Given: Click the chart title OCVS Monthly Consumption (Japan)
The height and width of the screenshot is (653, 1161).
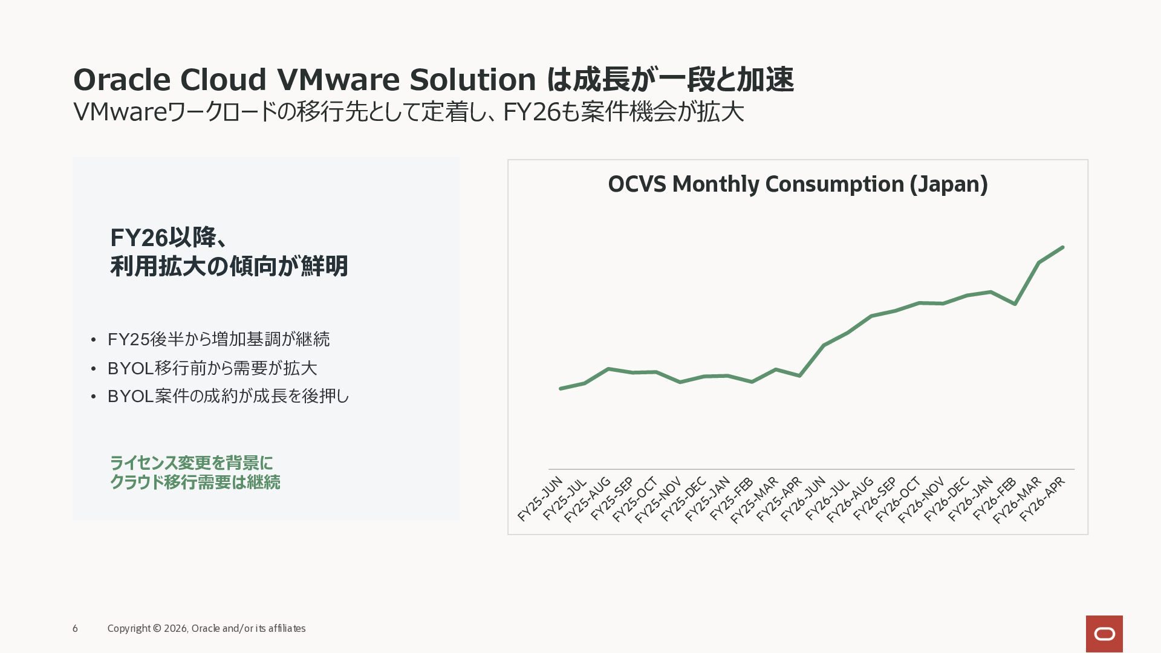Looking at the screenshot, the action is click(798, 184).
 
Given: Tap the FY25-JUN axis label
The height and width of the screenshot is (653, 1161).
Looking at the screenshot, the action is click(541, 499).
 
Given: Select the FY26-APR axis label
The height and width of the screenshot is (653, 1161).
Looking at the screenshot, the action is click(1042, 499).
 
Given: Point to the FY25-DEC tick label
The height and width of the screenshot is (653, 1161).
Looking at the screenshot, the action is click(683, 499).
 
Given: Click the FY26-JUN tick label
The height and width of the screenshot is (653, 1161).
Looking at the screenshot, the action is click(803, 499).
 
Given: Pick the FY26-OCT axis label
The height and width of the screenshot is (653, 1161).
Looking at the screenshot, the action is click(898, 499).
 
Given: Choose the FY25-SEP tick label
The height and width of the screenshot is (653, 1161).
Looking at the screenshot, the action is click(612, 499).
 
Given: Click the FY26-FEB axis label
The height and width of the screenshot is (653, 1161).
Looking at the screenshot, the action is click(994, 499).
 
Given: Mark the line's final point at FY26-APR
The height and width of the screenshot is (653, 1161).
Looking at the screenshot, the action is click(1062, 247).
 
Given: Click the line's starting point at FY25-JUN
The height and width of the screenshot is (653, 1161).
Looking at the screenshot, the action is click(561, 388).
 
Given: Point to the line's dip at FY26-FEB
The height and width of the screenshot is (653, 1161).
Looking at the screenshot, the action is click(1015, 304).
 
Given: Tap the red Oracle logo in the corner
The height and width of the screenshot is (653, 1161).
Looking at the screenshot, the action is click(1104, 634).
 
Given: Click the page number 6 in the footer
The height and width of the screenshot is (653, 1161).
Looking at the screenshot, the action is click(75, 629).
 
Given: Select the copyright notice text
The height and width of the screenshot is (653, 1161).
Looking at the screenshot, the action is click(206, 629).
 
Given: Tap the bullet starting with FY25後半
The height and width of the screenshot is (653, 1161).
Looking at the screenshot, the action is click(218, 339).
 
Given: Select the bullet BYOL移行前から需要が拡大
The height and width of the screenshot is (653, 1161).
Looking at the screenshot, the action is click(212, 368).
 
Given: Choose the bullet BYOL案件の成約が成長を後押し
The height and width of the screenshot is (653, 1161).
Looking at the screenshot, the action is click(228, 396).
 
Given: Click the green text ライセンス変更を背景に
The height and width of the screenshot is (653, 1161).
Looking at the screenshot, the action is click(191, 463).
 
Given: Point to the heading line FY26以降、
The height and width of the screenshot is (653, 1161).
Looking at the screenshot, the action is click(169, 238).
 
